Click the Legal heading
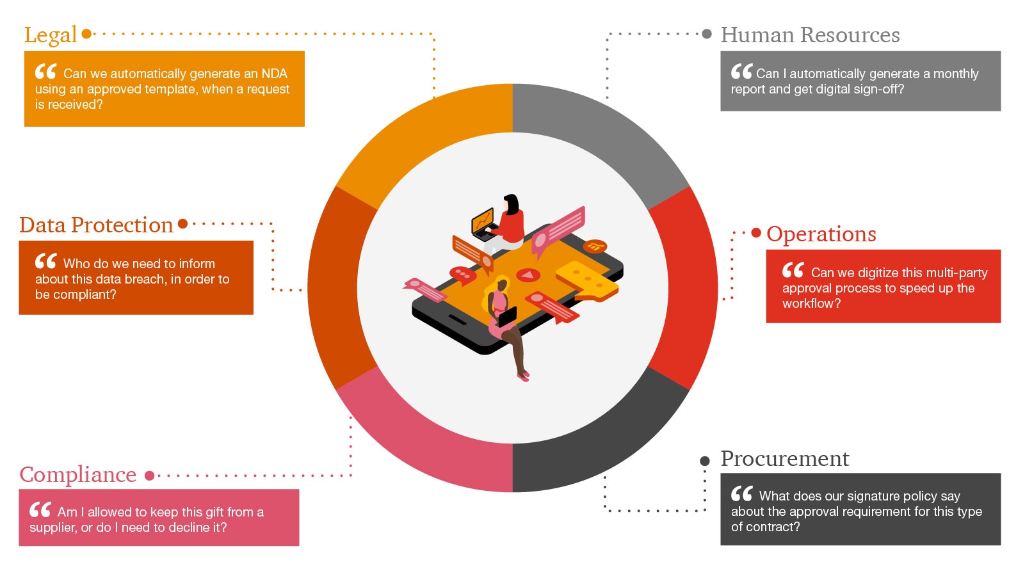[51, 35]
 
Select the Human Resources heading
[810, 35]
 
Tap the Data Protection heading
[96, 225]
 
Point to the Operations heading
[821, 234]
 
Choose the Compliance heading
[78, 475]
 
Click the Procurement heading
[785, 459]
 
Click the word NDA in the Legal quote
[274, 74]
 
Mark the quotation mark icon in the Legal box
[45, 72]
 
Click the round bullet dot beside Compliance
[150, 476]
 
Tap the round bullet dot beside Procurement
[705, 461]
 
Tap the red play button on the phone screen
[528, 275]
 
